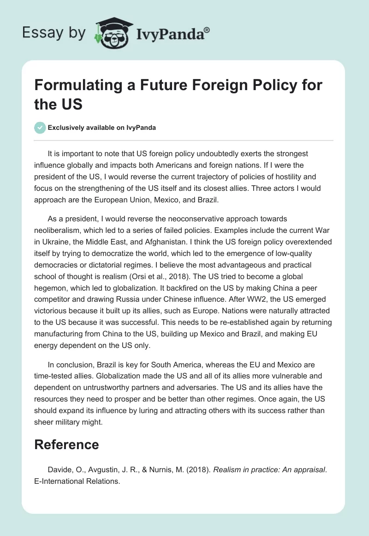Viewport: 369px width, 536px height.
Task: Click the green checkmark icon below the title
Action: tap(40, 128)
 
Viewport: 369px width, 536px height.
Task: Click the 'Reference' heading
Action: tap(66, 445)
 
